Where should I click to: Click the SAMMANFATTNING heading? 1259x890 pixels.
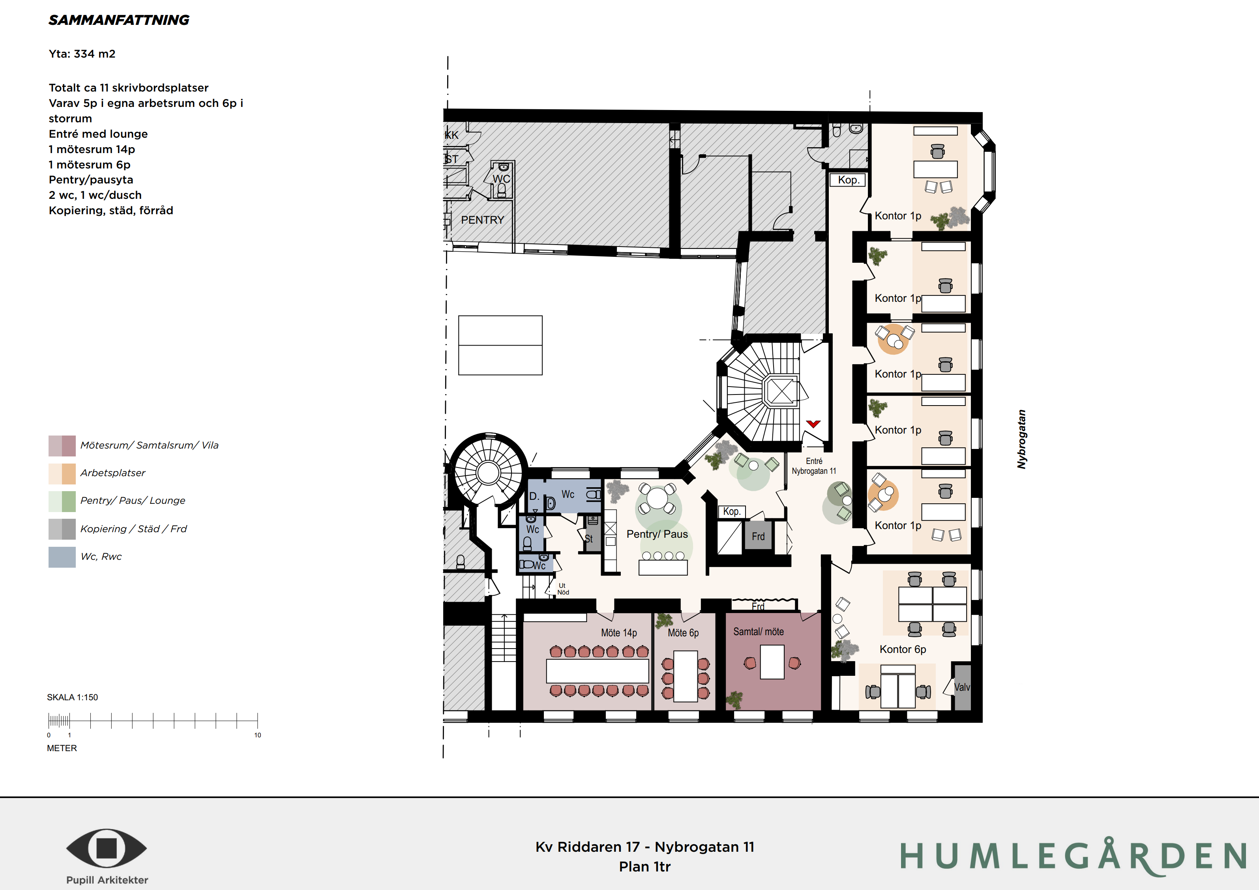pyautogui.click(x=119, y=20)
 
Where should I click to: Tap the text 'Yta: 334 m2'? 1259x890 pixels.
pyautogui.click(x=82, y=54)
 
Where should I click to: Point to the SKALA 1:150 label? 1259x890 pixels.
pyautogui.click(x=72, y=697)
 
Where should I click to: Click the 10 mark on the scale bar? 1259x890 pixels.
pyautogui.click(x=258, y=735)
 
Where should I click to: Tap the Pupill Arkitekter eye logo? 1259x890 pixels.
pyautogui.click(x=107, y=848)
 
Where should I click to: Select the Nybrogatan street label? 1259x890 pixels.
pyautogui.click(x=1021, y=439)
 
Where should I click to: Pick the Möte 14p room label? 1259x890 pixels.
pyautogui.click(x=619, y=633)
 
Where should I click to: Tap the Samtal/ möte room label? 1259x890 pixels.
pyautogui.click(x=759, y=632)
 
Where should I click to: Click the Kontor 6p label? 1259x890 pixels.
pyautogui.click(x=903, y=649)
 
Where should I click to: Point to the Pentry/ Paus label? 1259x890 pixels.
pyautogui.click(x=657, y=534)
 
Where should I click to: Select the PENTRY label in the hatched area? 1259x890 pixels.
pyautogui.click(x=482, y=220)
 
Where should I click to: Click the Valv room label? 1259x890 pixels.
pyautogui.click(x=962, y=687)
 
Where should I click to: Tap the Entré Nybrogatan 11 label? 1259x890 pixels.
pyautogui.click(x=814, y=466)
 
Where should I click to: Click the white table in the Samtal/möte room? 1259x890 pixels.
pyautogui.click(x=772, y=662)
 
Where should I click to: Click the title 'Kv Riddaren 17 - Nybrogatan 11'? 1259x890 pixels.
pyautogui.click(x=645, y=847)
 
